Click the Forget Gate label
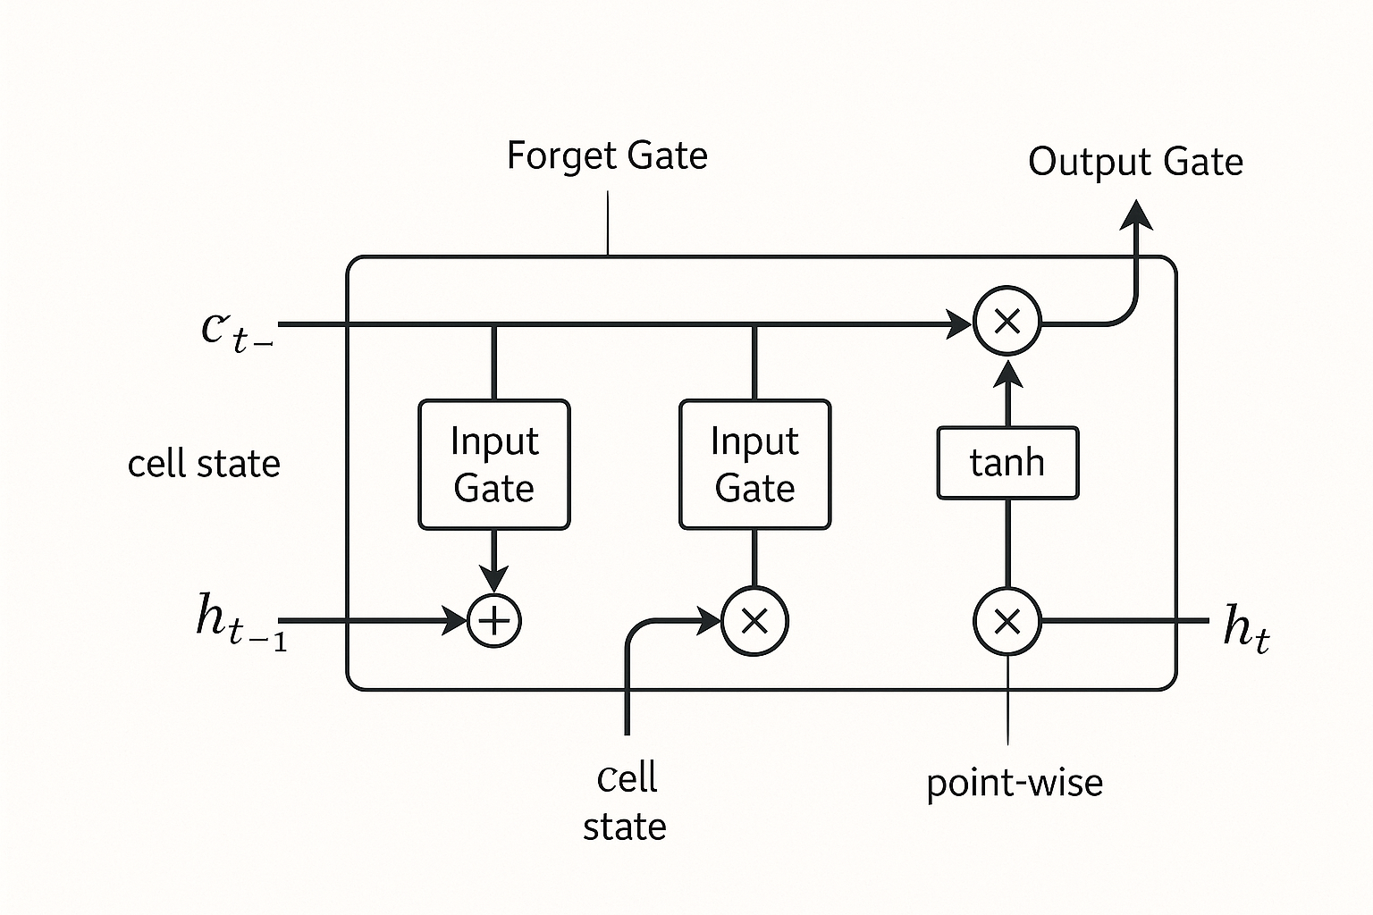(x=607, y=155)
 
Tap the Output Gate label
(x=1135, y=162)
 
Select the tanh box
(x=1007, y=463)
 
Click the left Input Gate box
(x=493, y=465)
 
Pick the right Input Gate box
(x=754, y=465)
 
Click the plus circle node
(x=494, y=620)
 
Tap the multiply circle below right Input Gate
(x=754, y=620)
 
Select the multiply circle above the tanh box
(x=1007, y=322)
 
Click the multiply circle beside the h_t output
(x=1007, y=620)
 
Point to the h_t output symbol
(x=1245, y=625)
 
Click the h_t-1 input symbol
(x=240, y=621)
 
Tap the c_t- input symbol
(x=235, y=329)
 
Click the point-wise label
(x=1014, y=783)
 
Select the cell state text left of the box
(x=204, y=464)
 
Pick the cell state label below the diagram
(x=626, y=802)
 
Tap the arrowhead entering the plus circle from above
(x=494, y=578)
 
